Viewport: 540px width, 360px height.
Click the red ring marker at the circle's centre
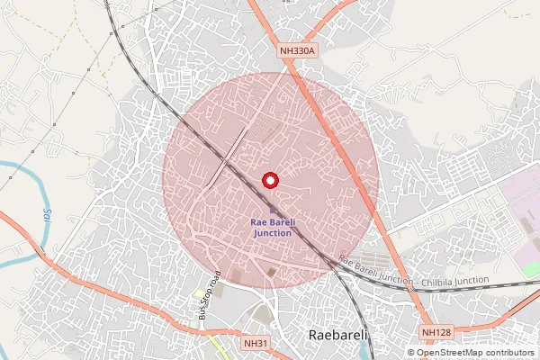coord(268,181)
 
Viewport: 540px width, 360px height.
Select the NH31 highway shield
coord(256,343)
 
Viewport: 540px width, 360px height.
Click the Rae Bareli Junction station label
coord(273,227)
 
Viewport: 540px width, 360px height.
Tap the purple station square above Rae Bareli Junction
coord(273,210)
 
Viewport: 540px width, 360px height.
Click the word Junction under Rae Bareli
coord(273,232)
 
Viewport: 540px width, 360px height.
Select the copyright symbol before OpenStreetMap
coord(411,353)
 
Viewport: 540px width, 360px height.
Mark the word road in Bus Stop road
coord(217,276)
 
